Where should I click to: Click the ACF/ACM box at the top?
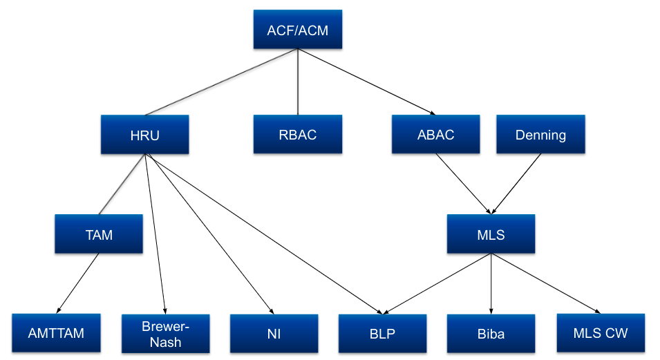297,30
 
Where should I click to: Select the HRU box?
144,134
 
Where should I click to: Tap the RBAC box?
297,134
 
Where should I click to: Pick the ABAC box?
435,134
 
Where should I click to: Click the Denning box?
540,134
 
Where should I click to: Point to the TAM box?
99,234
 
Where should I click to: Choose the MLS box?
491,234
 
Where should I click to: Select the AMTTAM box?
56,333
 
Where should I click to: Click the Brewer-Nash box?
165,334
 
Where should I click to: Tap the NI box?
274,334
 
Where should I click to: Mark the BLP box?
382,334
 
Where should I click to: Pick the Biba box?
491,334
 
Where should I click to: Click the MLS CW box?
600,333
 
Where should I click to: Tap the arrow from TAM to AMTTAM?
77,283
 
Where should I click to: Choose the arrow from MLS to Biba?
491,283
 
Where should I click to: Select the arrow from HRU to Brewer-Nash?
155,235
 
